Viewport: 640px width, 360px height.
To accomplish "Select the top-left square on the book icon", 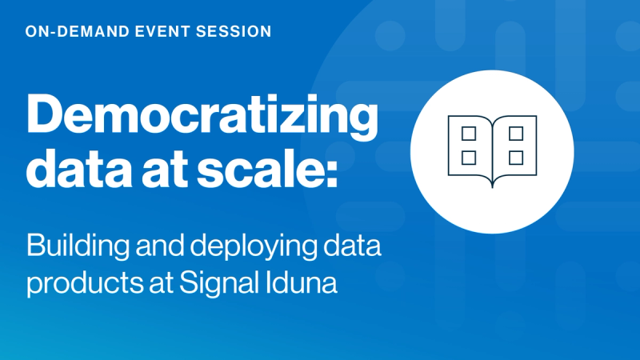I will point(469,132).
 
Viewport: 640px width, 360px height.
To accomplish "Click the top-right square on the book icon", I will point(516,132).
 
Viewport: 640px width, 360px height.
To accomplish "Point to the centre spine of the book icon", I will point(492,152).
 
